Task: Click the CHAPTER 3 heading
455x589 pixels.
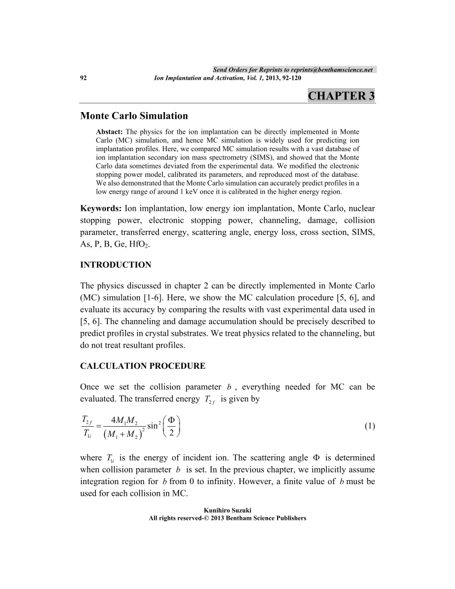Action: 341,95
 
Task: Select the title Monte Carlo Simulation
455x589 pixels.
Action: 134,116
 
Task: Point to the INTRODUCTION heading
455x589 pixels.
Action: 116,264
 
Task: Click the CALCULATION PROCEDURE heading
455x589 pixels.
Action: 143,366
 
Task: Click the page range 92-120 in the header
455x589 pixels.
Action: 289,78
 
